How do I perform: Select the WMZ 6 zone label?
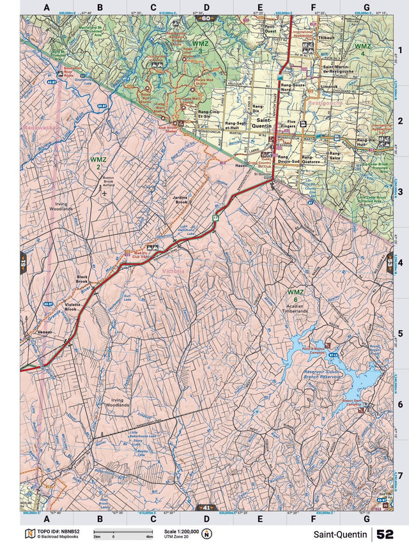click(x=295, y=296)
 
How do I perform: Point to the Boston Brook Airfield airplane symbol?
click(x=104, y=191)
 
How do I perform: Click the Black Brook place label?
click(x=82, y=279)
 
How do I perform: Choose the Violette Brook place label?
click(x=73, y=307)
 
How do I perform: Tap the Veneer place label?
click(x=44, y=334)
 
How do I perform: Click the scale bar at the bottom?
click(x=123, y=532)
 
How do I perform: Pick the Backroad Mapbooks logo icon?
click(x=29, y=533)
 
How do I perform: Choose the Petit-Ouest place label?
click(x=270, y=29)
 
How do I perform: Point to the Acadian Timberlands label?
click(x=294, y=311)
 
